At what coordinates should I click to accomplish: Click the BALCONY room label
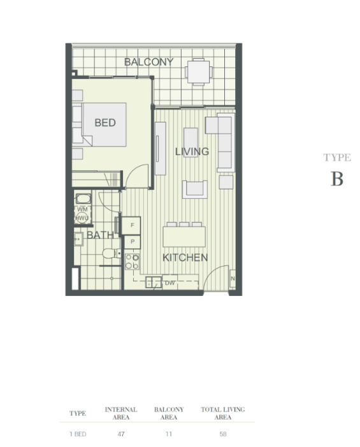tap(148, 62)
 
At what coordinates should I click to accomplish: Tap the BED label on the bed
tap(105, 123)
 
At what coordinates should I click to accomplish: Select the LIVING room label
tap(192, 151)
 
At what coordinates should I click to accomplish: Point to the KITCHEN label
tap(185, 258)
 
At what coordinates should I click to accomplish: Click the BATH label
tap(100, 235)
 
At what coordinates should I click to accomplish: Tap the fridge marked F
tap(131, 226)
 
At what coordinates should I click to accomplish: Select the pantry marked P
tap(133, 242)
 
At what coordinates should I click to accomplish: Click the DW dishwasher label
tap(169, 283)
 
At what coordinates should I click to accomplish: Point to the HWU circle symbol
tap(82, 218)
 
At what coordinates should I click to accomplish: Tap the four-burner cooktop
tap(132, 261)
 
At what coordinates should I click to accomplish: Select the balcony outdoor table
tap(199, 72)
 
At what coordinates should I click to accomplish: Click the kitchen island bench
tap(184, 237)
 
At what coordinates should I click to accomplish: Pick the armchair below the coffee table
tap(195, 189)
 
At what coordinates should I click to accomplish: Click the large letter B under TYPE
tap(336, 179)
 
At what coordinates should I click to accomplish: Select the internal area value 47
tap(121, 434)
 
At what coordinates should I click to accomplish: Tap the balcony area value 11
tap(169, 434)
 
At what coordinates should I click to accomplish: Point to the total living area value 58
tap(223, 434)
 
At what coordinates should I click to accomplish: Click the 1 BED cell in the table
tap(78, 434)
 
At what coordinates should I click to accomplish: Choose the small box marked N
tap(233, 279)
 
